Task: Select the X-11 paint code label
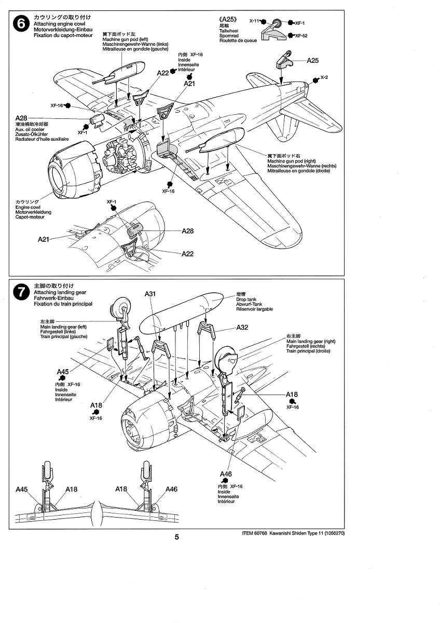[x=254, y=21]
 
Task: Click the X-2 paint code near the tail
[x=324, y=77]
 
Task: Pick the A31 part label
[x=150, y=294]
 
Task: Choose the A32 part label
[x=242, y=328]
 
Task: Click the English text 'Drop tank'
[x=246, y=299]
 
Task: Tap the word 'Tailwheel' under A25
[x=229, y=31]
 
